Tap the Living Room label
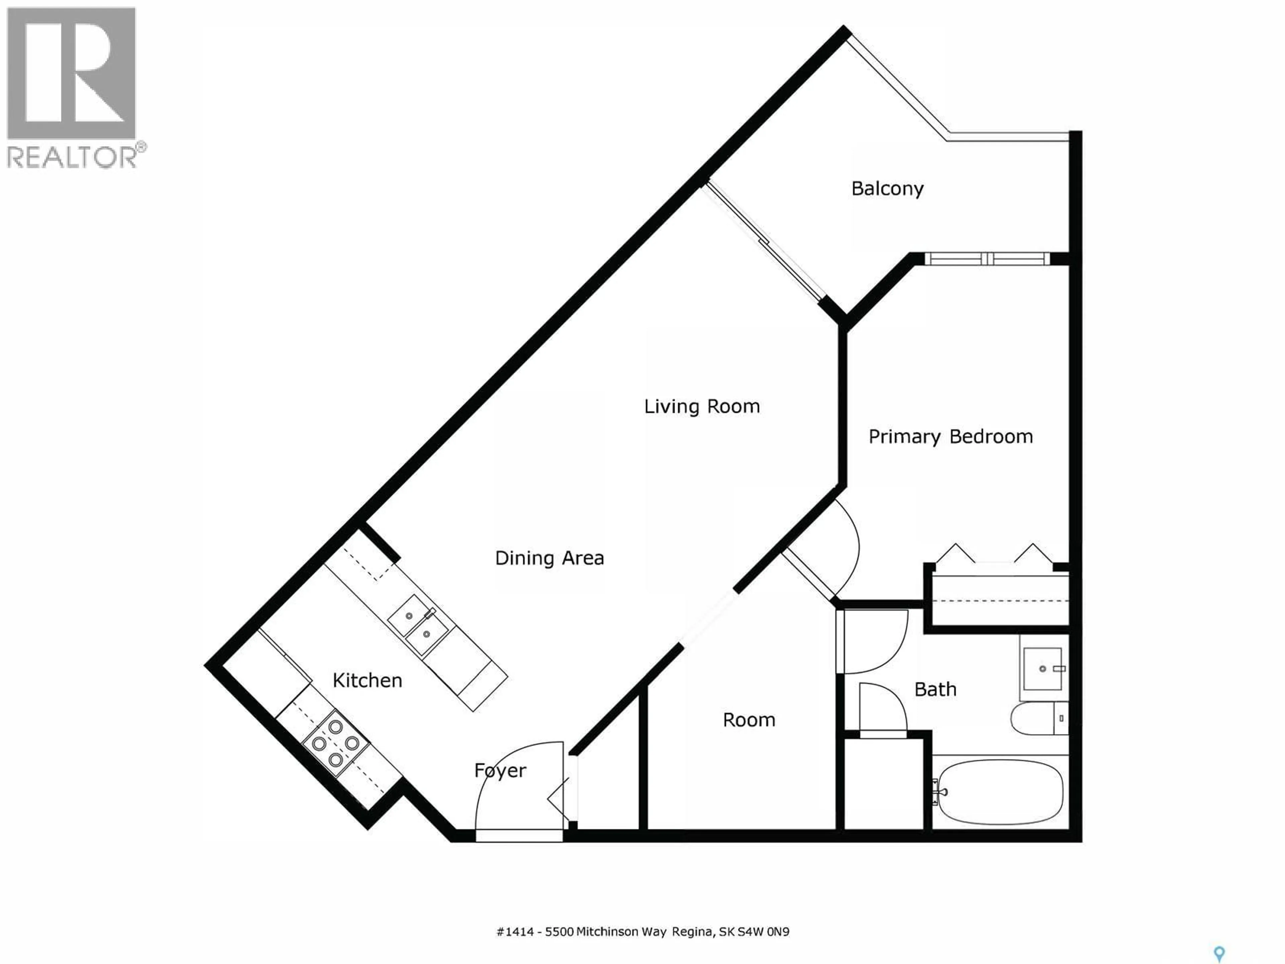click(702, 406)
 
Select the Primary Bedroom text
click(950, 436)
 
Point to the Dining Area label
click(549, 558)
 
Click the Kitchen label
click(367, 680)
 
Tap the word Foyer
click(500, 771)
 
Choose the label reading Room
click(749, 720)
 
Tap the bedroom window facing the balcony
click(988, 259)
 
